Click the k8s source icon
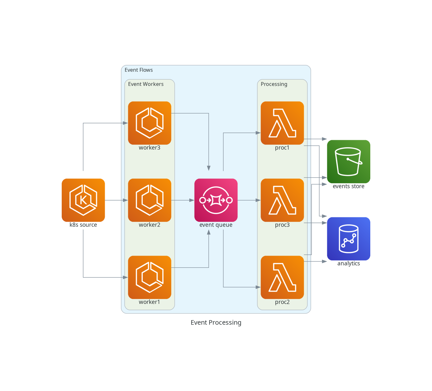pos(83,200)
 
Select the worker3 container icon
pos(149,123)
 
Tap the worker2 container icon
pos(149,200)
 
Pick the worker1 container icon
pos(149,277)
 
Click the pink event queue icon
pos(216,200)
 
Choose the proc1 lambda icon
pos(282,123)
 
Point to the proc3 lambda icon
pos(282,200)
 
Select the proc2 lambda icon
pos(282,277)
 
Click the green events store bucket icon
pos(348,161)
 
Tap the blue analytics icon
pos(348,239)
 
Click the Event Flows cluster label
pos(139,70)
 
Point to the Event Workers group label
pos(146,84)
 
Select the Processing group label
pos(274,84)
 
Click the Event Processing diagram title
pos(216,322)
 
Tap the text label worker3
pos(149,148)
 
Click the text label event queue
pos(216,225)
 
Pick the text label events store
pos(348,186)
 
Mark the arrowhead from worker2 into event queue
pos(192,200)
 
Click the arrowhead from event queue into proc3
pos(258,200)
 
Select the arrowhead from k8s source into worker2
pos(125,200)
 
